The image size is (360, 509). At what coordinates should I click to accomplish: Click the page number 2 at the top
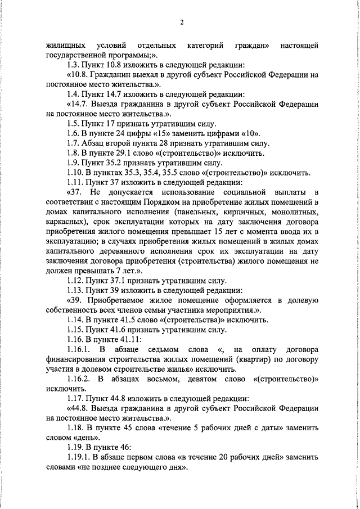tap(182, 22)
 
